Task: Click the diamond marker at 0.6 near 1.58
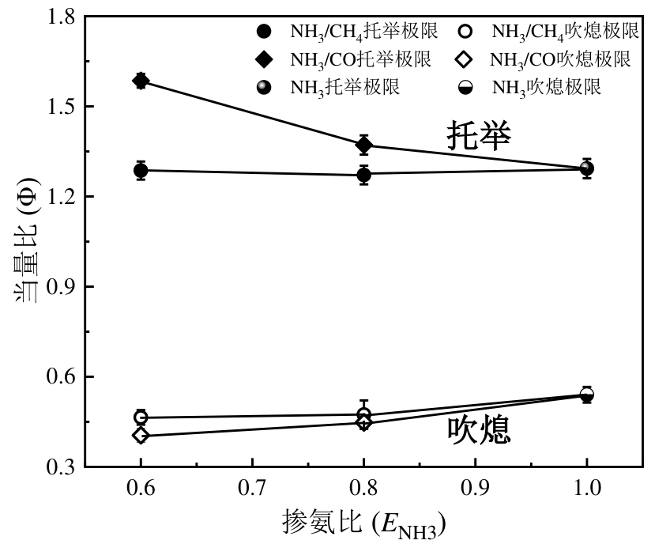point(141,81)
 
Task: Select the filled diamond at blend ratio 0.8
point(363,145)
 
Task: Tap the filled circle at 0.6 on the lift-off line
point(141,170)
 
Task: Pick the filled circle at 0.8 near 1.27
point(363,174)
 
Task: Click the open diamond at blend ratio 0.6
point(141,436)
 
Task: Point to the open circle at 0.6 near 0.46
point(141,417)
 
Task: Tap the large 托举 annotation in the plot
point(479,136)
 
